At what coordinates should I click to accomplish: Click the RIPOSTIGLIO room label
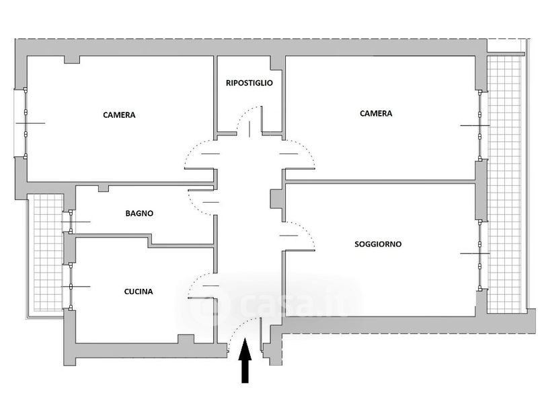(249, 83)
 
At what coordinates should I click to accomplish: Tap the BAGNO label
(139, 213)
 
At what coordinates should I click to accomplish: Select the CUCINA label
(139, 292)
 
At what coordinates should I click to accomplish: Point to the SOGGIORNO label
(378, 244)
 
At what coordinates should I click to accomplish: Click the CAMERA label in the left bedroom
(119, 115)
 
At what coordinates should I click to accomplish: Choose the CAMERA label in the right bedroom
(376, 113)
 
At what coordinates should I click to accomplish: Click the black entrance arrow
(245, 360)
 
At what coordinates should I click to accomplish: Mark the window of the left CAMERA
(26, 123)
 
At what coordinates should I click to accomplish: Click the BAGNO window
(71, 222)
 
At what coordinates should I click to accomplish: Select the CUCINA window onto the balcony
(71, 287)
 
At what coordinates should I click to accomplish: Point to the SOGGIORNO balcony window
(479, 255)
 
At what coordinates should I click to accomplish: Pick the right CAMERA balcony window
(479, 126)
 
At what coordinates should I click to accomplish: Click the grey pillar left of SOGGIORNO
(276, 199)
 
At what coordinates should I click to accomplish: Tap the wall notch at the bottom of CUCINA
(186, 339)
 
